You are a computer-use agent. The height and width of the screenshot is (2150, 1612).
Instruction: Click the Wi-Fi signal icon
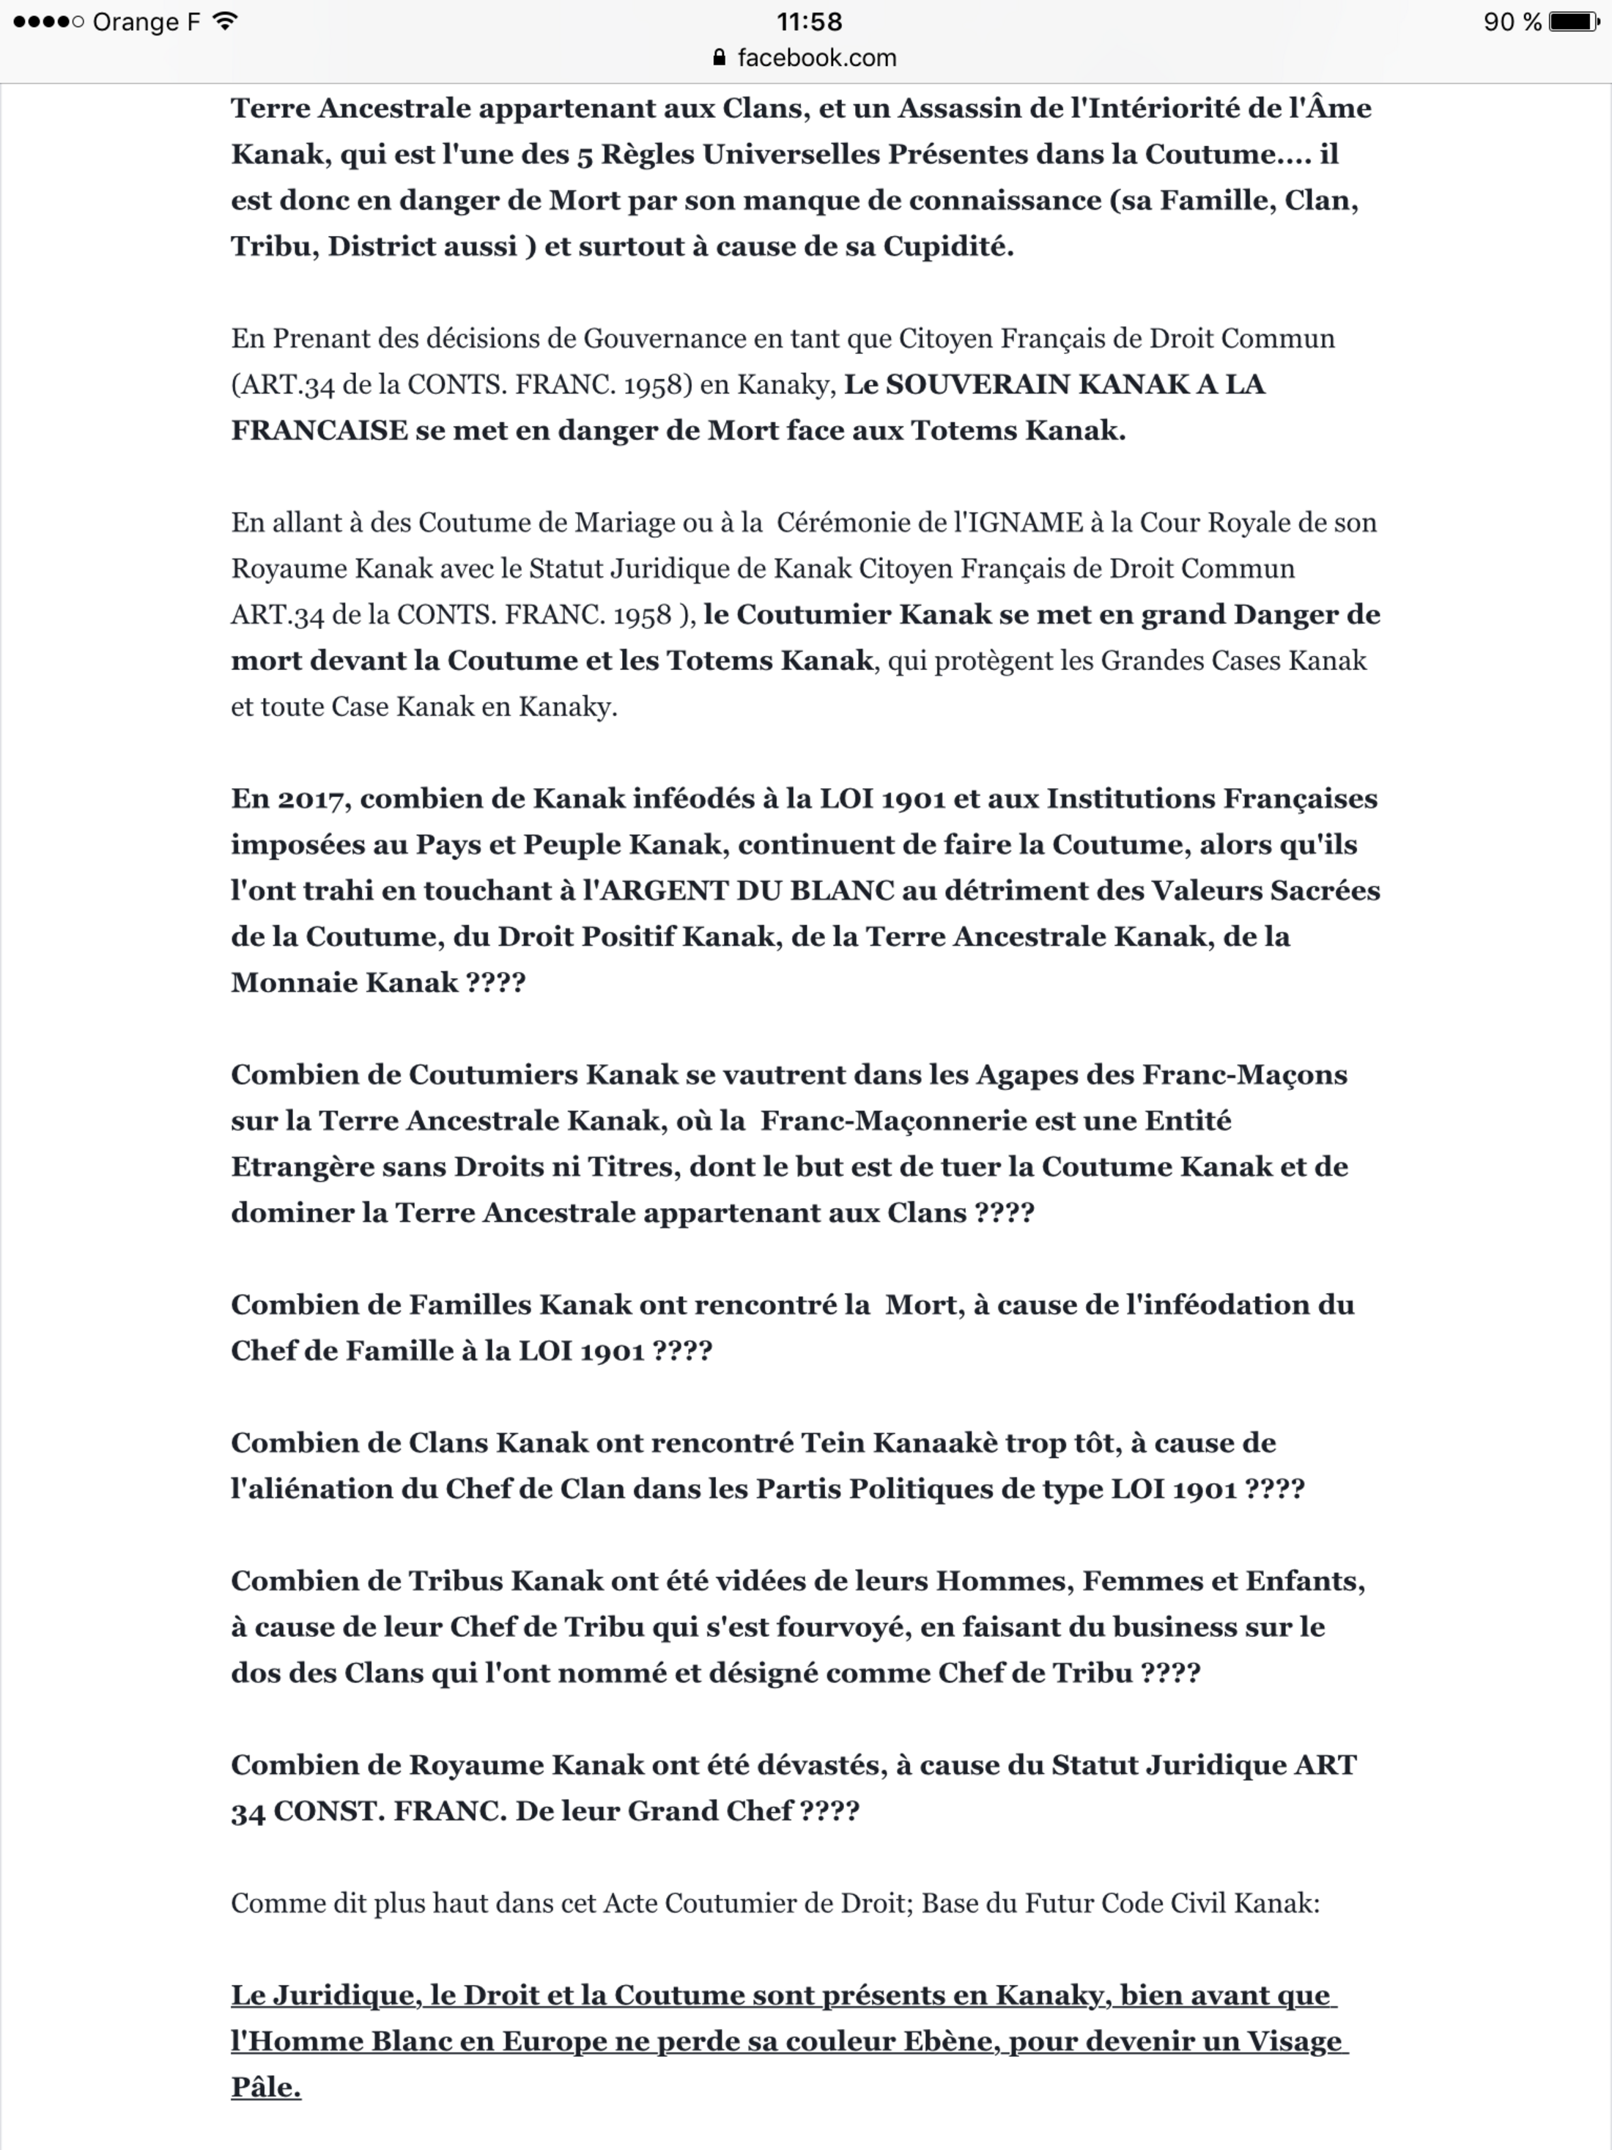coord(226,21)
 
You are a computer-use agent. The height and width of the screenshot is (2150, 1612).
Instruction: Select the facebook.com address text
coord(816,59)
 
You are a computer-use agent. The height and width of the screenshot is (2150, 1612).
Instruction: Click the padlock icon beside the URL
coord(719,59)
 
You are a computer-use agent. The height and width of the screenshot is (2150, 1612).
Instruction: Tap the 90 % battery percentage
coord(1512,21)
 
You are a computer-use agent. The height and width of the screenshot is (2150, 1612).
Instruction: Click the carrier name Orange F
coord(146,21)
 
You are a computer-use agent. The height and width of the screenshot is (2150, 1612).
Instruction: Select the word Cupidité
coord(947,247)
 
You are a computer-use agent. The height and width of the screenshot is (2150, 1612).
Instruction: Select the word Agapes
coord(1028,1075)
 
